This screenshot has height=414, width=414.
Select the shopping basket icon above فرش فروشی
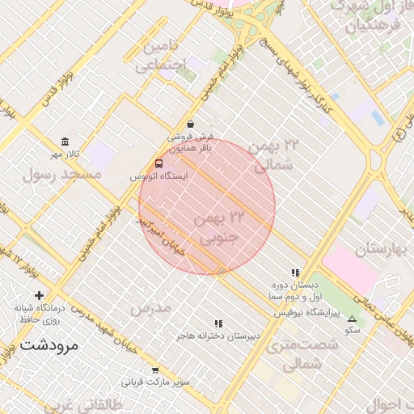click(x=189, y=124)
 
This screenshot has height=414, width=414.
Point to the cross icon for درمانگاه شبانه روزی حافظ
click(x=39, y=295)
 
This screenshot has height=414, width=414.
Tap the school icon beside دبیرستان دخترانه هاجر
click(x=218, y=323)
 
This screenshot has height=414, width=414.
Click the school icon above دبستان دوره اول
click(x=296, y=272)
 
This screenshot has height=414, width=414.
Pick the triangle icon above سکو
click(x=352, y=318)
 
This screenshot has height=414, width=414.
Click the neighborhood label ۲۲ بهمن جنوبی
click(x=219, y=228)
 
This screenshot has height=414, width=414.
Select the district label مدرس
click(x=150, y=308)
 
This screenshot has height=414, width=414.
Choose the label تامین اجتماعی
click(x=161, y=56)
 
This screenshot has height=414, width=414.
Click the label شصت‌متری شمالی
click(x=294, y=355)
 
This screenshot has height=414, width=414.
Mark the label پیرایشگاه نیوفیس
click(x=306, y=311)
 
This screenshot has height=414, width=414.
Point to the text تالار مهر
click(x=68, y=154)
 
